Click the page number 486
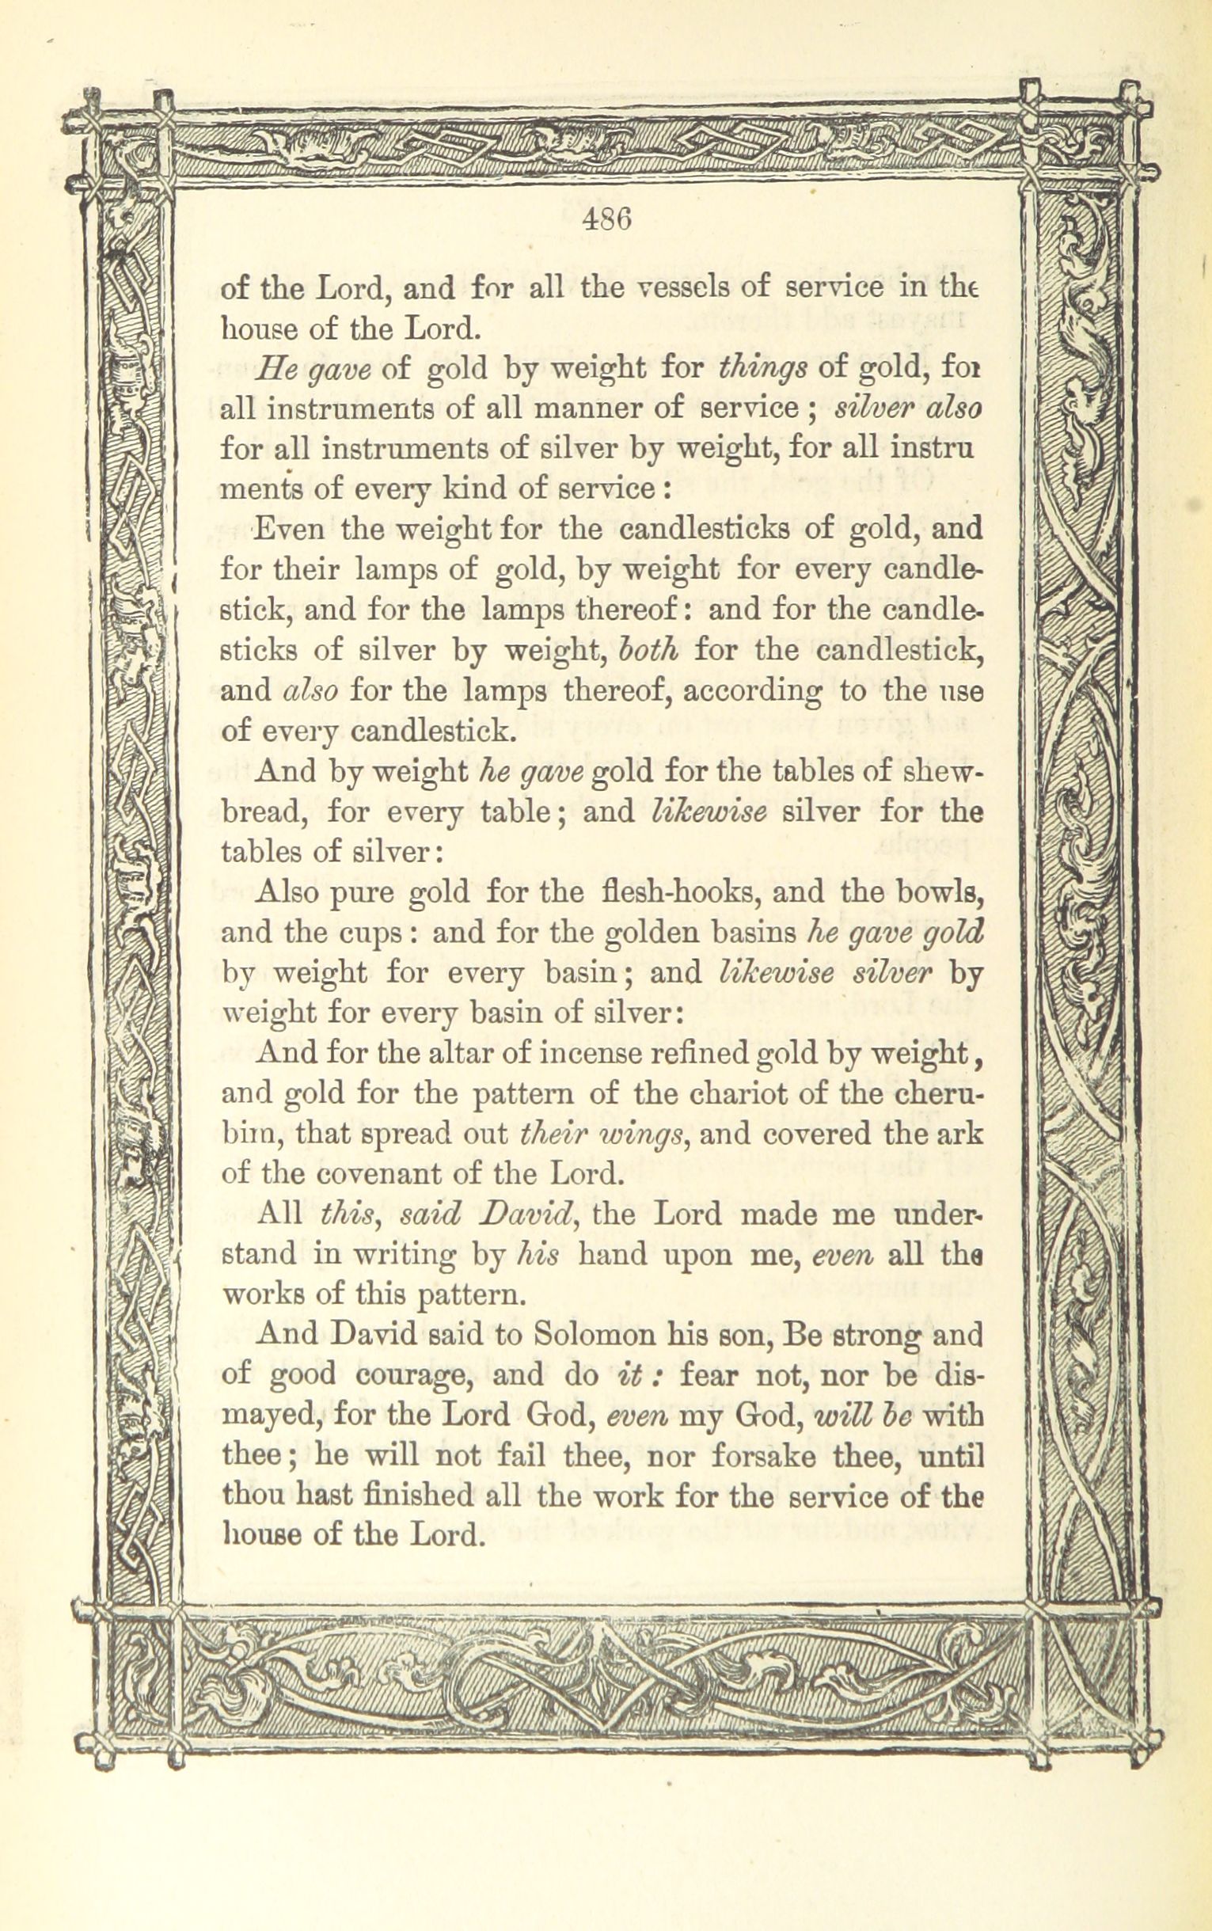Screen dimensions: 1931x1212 tap(608, 219)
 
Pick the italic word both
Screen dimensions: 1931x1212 tap(649, 649)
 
